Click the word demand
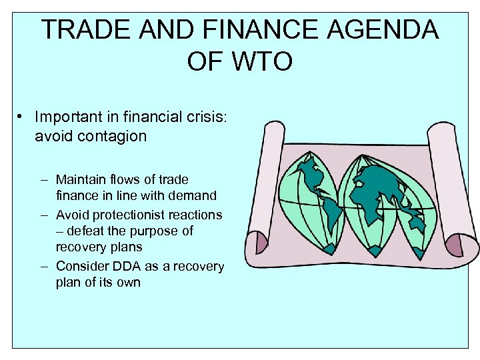click(192, 196)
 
